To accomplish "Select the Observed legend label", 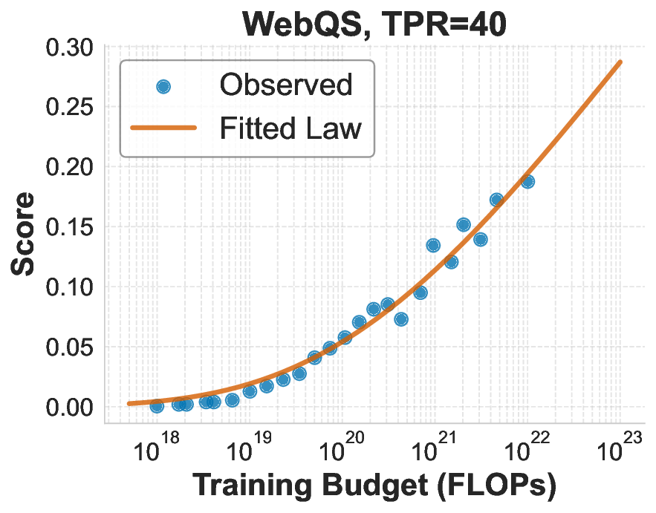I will tap(285, 85).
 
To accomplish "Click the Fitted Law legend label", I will tap(290, 128).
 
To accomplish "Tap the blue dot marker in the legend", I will tap(163, 86).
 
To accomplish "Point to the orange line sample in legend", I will tap(163, 128).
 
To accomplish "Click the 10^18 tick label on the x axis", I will tap(156, 450).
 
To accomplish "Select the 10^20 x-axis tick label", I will tap(341, 450).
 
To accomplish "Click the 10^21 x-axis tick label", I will tap(434, 450).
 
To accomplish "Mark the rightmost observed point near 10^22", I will tap(527, 181).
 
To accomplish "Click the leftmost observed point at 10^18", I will tap(157, 405).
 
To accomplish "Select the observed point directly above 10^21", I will tap(433, 245).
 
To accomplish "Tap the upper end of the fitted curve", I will tap(620, 62).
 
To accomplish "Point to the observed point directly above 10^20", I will tap(345, 337).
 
